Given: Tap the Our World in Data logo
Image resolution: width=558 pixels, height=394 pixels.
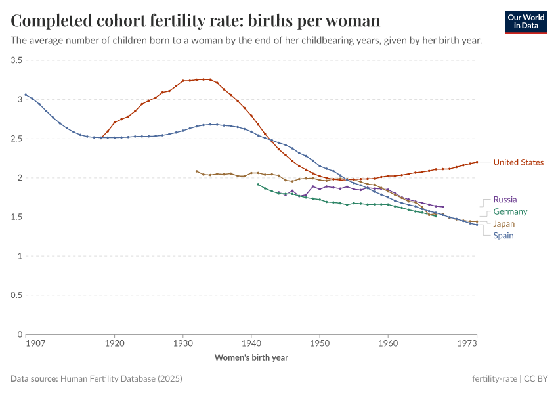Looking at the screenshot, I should click(525, 22).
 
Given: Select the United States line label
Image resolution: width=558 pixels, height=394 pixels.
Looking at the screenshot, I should click(518, 162).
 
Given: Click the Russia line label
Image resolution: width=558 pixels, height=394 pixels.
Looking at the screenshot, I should click(505, 200).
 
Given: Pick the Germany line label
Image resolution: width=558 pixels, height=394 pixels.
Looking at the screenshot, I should click(510, 211).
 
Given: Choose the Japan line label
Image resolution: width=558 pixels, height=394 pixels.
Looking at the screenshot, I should click(504, 224).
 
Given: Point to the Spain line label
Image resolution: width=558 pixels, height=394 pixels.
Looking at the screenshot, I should click(504, 236).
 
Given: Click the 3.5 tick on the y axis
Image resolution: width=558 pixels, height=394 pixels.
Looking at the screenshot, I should click(16, 60).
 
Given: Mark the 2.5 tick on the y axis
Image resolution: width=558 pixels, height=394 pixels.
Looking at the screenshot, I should click(16, 139).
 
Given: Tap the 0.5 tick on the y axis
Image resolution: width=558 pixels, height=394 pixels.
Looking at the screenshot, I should click(16, 295).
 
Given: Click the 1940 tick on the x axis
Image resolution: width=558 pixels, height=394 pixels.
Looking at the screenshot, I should click(251, 343).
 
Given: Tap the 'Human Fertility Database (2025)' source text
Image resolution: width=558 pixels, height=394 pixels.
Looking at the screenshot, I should click(121, 379).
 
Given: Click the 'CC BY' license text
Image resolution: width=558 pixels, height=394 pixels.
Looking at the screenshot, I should click(536, 379).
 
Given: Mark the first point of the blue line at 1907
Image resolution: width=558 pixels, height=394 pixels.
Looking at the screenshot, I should click(26, 95).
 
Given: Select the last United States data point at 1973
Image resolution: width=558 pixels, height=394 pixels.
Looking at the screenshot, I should click(477, 162).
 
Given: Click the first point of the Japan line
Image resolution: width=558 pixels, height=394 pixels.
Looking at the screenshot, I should click(196, 171).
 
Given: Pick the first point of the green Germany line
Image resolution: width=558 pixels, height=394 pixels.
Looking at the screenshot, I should click(258, 185).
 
